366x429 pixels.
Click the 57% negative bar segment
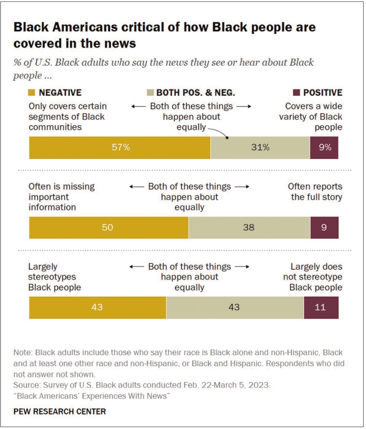[x=120, y=148]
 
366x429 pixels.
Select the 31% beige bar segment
[x=260, y=148]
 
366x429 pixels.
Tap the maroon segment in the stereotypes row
[x=321, y=307]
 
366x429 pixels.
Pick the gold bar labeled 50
[x=109, y=228]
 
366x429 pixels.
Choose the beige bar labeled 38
[x=249, y=228]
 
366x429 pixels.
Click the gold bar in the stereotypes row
[x=98, y=307]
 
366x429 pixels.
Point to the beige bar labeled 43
[x=235, y=307]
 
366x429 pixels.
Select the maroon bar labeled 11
[x=321, y=307]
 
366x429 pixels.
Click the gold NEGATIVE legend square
[x=32, y=93]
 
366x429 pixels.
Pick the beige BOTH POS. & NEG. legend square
[x=150, y=93]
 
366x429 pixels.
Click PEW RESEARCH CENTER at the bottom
[x=60, y=411]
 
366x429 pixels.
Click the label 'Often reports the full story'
[x=315, y=191]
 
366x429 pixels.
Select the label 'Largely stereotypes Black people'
[x=55, y=277]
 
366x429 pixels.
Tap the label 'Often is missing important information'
[x=61, y=197]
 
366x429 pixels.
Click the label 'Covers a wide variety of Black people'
[x=313, y=116]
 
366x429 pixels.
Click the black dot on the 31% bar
[x=227, y=138]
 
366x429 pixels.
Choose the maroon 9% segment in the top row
[x=324, y=148]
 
